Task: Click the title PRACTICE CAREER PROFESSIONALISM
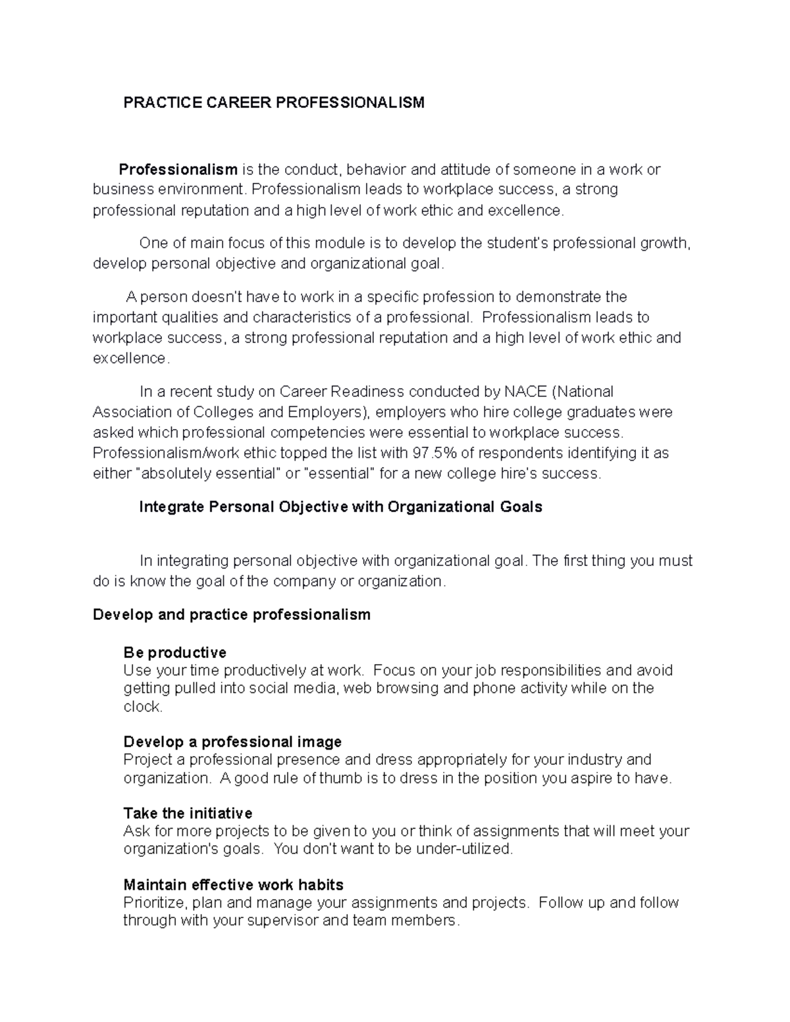click(274, 103)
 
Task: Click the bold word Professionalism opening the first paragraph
click(178, 170)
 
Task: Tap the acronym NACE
click(525, 392)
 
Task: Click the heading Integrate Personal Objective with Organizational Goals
click(340, 507)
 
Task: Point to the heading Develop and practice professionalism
click(232, 615)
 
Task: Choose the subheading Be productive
click(174, 653)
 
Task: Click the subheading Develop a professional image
click(232, 742)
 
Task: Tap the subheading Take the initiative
click(188, 813)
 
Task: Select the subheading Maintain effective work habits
click(233, 884)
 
